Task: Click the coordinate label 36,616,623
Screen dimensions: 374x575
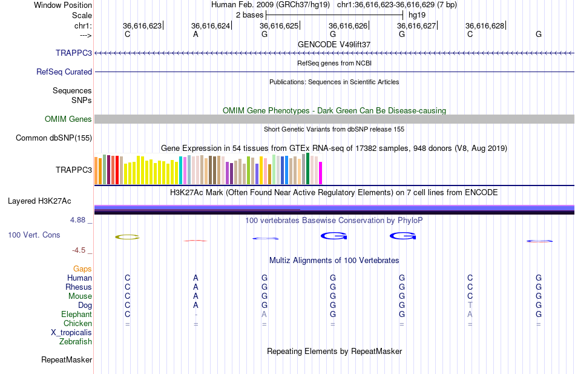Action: [x=142, y=25]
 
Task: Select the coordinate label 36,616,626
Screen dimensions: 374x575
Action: [x=348, y=25]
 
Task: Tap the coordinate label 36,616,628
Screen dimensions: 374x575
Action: [x=485, y=25]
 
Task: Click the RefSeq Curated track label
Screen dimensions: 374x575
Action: [x=64, y=72]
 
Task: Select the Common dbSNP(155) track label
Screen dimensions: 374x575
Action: [x=54, y=138]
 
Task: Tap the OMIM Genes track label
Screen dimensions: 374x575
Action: [x=68, y=119]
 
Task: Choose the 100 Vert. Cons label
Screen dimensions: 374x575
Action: [x=34, y=235]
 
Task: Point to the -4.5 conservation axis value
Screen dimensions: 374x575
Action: [x=80, y=250]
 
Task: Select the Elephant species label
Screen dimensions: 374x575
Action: [x=76, y=314]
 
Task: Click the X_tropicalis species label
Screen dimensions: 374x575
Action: [x=71, y=332]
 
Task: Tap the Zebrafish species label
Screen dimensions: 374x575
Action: [x=76, y=341]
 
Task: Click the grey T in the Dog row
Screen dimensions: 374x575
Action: [x=470, y=305]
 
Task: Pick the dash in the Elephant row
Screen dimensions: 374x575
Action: [x=195, y=314]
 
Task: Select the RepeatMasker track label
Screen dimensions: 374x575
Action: [x=67, y=359]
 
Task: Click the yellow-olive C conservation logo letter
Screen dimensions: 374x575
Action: [x=127, y=236]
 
